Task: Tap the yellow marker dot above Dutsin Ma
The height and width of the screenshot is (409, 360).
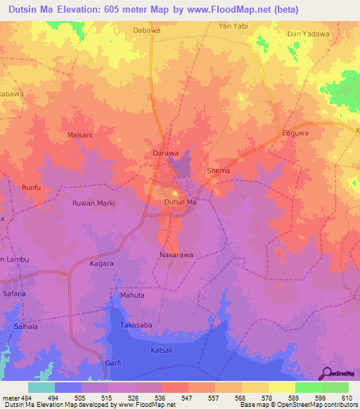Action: coord(175,193)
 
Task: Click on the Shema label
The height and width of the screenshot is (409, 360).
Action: coord(219,171)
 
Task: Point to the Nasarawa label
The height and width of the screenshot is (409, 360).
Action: coord(176,255)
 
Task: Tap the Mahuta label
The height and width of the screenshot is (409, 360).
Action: coord(132,296)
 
